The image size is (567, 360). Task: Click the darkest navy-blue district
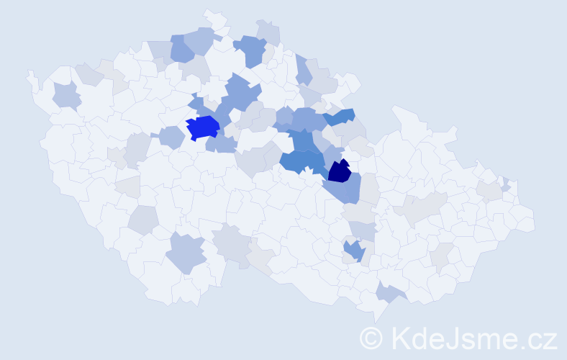pyautogui.click(x=339, y=171)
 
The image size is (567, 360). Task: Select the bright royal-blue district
pyautogui.click(x=202, y=127)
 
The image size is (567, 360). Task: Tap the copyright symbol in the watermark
pyautogui.click(x=371, y=338)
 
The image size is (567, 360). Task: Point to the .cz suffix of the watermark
pyautogui.click(x=536, y=338)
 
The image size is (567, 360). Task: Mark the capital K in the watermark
pyautogui.click(x=400, y=338)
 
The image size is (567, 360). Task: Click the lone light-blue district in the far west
pyautogui.click(x=66, y=95)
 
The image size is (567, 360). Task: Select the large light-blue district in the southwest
pyautogui.click(x=186, y=253)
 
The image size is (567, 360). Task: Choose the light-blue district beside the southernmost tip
pyautogui.click(x=391, y=292)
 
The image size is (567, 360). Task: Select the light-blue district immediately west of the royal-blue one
pyautogui.click(x=171, y=136)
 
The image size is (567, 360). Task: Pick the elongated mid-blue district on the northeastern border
pyautogui.click(x=339, y=115)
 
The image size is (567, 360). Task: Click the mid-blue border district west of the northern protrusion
pyautogui.click(x=182, y=48)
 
